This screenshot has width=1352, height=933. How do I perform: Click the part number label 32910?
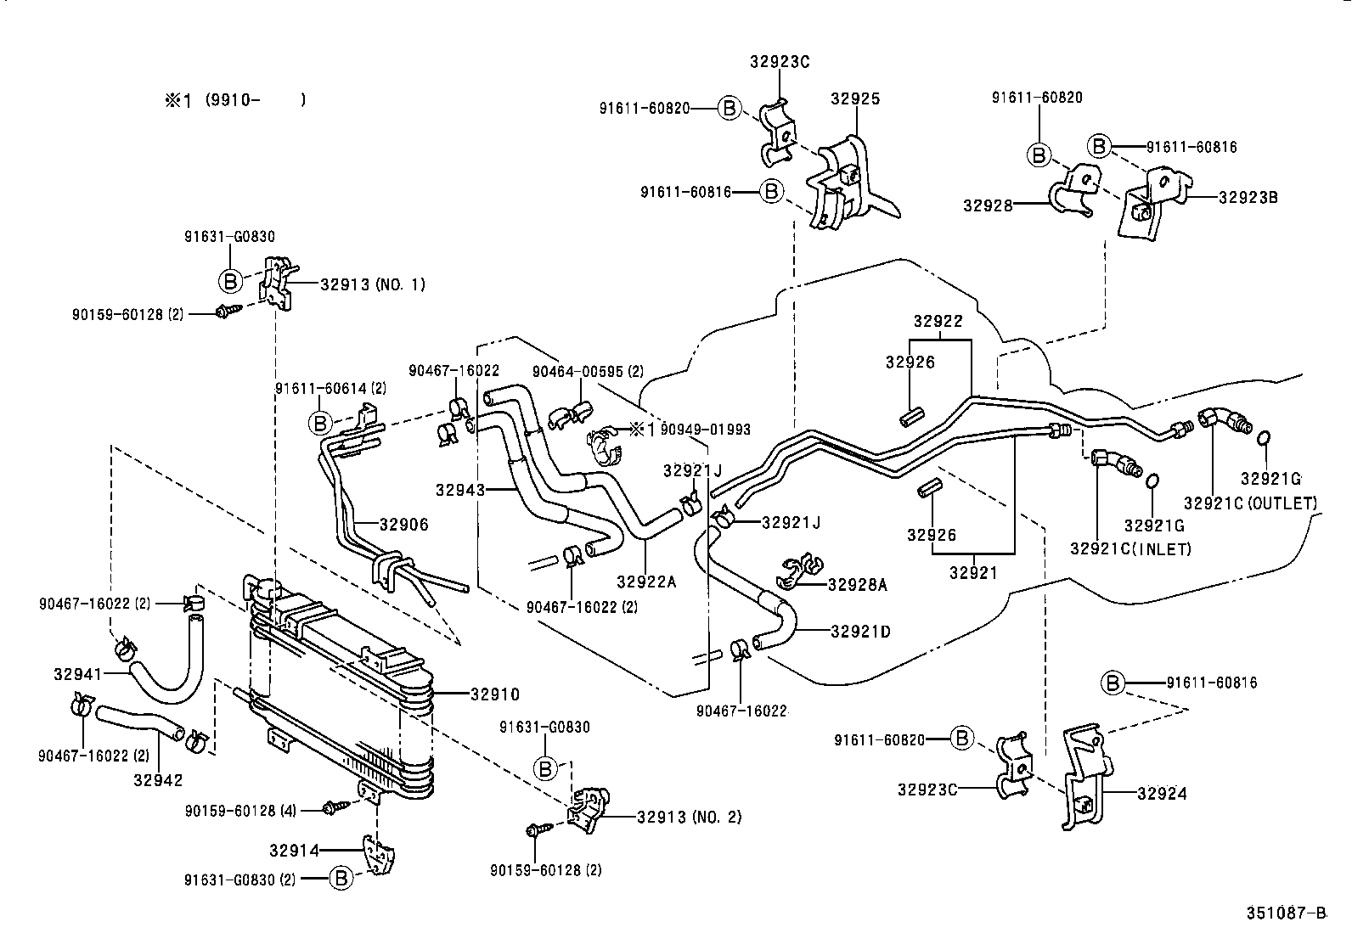(494, 694)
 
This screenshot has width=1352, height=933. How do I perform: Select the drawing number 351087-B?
(1285, 913)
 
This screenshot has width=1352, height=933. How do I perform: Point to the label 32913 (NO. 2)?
(689, 818)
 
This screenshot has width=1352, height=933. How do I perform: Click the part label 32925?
(854, 98)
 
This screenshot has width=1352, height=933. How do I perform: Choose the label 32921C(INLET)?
(1130, 549)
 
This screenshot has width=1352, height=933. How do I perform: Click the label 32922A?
(646, 582)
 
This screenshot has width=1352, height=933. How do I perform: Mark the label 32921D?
(860, 632)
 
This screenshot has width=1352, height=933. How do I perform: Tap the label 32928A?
(857, 584)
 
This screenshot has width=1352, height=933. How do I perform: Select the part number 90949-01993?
(705, 430)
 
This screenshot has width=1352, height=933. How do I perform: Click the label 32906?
(403, 525)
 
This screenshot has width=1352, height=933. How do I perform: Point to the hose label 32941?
(78, 675)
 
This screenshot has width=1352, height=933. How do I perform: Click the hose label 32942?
(158, 779)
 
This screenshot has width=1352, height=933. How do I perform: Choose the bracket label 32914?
(294, 850)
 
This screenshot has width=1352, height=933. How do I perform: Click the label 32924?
(1162, 794)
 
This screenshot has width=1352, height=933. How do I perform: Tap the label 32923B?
(1248, 198)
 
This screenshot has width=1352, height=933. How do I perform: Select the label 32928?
(988, 205)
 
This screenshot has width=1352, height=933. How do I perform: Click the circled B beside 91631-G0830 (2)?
(341, 879)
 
